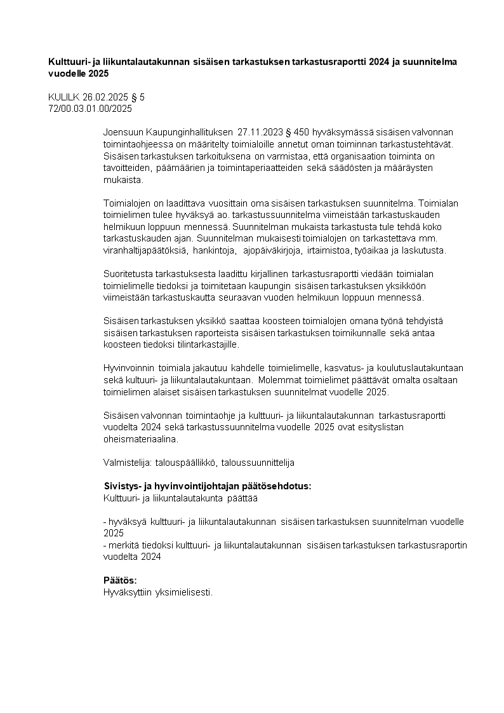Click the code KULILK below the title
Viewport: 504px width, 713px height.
tap(62, 97)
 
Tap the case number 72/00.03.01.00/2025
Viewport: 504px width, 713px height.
tap(90, 109)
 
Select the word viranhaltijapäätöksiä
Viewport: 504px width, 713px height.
tap(144, 250)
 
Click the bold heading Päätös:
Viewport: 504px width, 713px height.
tap(120, 580)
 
